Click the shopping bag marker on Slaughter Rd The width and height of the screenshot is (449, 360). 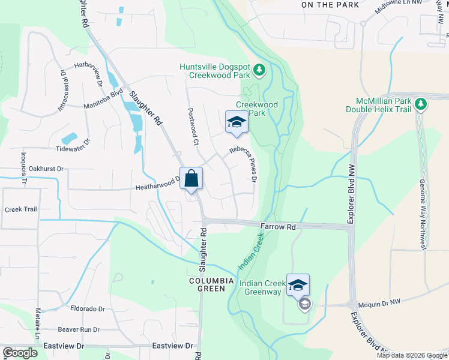pyautogui.click(x=191, y=179)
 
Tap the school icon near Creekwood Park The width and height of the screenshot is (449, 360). pyautogui.click(x=237, y=123)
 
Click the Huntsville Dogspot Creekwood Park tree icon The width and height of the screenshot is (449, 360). pyautogui.click(x=259, y=71)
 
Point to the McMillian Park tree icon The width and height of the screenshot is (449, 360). pyautogui.click(x=421, y=104)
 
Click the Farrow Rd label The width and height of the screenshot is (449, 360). pyautogui.click(x=279, y=227)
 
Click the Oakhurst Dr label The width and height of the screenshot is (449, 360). pyautogui.click(x=46, y=169)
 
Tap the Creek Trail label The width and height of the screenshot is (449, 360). pyautogui.click(x=21, y=209)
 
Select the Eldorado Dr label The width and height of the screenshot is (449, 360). pyautogui.click(x=88, y=309)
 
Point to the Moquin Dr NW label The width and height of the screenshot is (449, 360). pyautogui.click(x=378, y=305)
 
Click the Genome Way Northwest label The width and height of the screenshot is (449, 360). pyautogui.click(x=423, y=214)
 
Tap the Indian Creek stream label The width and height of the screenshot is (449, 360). pyautogui.click(x=251, y=250)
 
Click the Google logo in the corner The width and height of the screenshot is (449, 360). pyautogui.click(x=20, y=353)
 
